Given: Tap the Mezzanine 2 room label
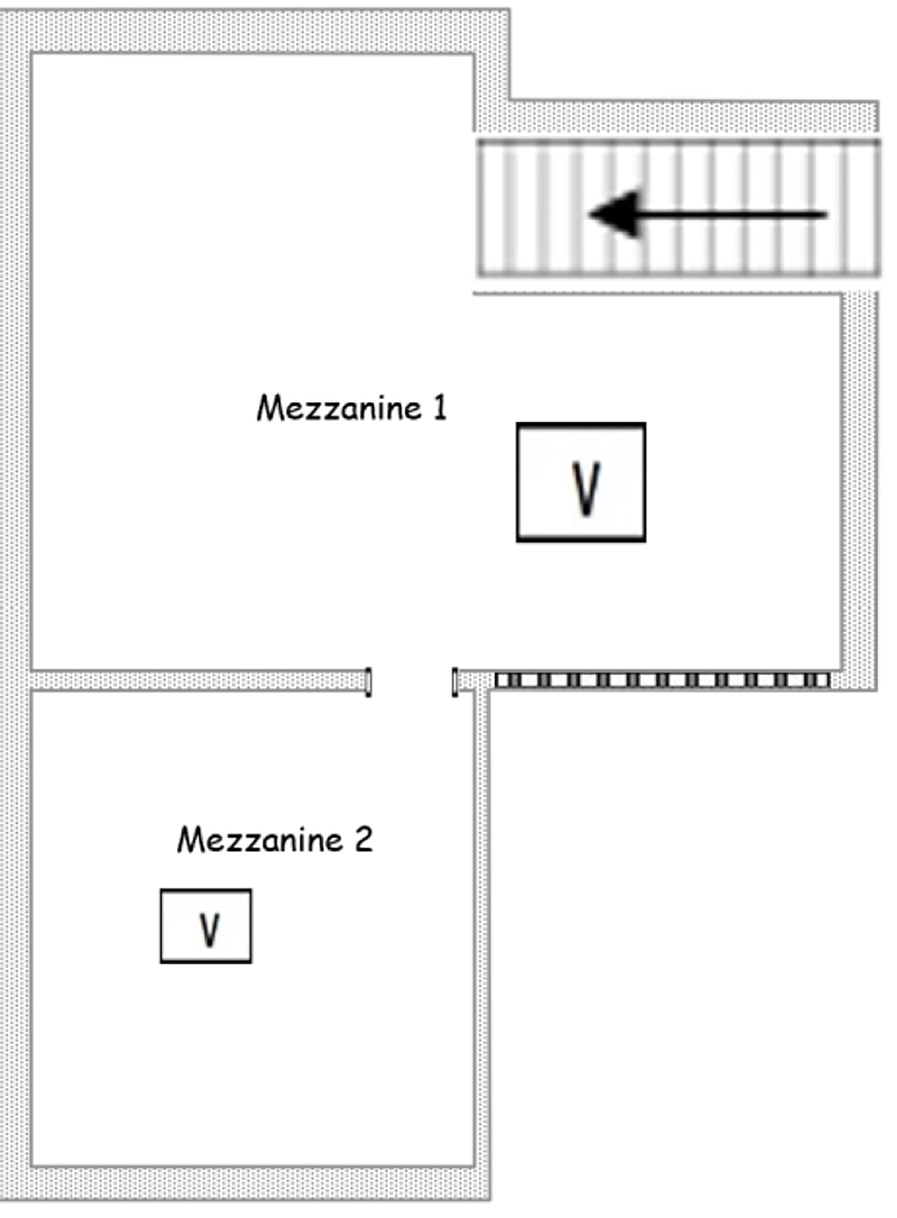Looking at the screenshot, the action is pos(275,839).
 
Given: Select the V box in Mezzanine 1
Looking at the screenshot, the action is pos(581,482).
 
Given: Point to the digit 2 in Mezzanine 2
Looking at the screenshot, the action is pos(363,839).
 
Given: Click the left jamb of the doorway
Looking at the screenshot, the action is pos(368,681).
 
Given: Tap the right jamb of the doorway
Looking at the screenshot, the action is pos(455,681).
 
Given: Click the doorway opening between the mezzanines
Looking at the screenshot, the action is pos(412,681).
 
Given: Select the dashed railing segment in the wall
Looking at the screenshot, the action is pos(662,680).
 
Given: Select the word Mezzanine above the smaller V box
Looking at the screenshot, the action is pos(260,839).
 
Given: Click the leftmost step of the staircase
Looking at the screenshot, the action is pos(491,208).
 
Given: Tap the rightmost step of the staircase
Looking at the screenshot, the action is pos(863,208).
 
